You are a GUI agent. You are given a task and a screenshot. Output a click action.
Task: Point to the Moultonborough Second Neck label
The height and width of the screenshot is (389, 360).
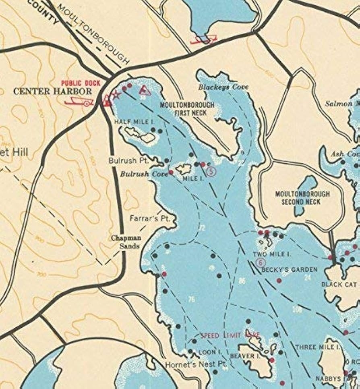pos(302,198)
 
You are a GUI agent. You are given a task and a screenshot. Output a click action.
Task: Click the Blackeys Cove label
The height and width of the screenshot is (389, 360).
pos(223,87)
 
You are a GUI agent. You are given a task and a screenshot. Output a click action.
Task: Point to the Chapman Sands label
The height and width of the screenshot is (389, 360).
pos(126,242)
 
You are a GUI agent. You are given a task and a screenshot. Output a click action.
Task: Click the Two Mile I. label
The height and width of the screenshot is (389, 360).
pos(272,254)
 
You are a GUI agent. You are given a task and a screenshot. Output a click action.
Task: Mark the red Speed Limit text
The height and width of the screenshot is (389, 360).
pos(230,335)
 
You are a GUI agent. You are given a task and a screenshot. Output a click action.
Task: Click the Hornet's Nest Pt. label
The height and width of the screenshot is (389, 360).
pos(196,364)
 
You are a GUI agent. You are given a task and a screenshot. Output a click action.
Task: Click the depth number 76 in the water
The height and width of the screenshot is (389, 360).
pos(192,299)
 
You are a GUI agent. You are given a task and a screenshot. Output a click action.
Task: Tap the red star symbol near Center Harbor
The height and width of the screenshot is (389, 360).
pos(116,96)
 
